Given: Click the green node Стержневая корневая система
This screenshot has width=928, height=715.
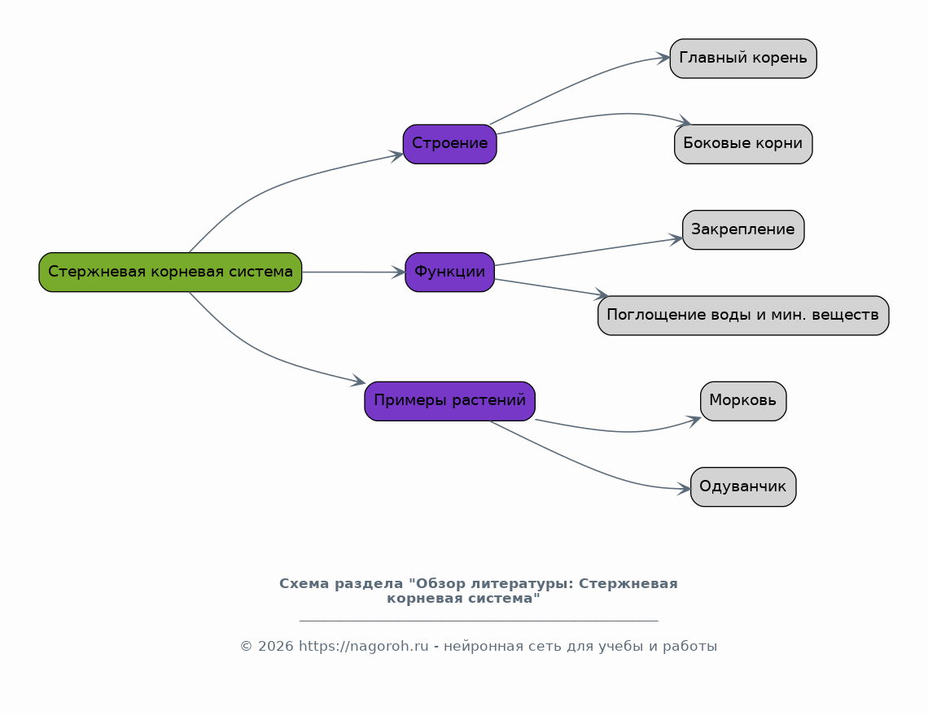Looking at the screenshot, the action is pos(170,272).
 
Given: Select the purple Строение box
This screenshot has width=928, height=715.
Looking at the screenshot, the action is pos(450,144).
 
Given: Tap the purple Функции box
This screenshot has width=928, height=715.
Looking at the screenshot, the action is pos(450,272).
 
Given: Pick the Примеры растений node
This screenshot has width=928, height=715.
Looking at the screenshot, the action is pos(450,401).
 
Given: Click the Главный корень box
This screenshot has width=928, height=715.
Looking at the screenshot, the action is pos(743,59).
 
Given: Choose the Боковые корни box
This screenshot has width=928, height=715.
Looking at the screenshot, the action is pos(743,144).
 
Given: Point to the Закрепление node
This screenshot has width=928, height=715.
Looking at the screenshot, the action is pos(743,229).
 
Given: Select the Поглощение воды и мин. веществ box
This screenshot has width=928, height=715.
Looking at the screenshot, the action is pos(743,316).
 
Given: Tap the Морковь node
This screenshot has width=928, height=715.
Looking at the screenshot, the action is pos(743,401).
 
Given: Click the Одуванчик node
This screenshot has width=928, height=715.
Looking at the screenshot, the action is pos(743,486).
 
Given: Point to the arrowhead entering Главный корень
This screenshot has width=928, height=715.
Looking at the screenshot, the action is pos(663,58).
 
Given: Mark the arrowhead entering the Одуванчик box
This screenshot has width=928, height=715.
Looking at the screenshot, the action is pos(684,489).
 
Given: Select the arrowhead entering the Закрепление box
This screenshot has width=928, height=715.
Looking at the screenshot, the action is pos(676,239).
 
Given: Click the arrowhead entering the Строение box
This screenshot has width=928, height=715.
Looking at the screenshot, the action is pos(396,155).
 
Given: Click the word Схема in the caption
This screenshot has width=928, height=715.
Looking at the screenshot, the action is pos(304,584).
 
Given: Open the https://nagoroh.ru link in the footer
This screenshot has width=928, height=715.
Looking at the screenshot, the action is pos(363,647).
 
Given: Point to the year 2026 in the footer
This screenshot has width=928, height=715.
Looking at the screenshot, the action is pos(276,647).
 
